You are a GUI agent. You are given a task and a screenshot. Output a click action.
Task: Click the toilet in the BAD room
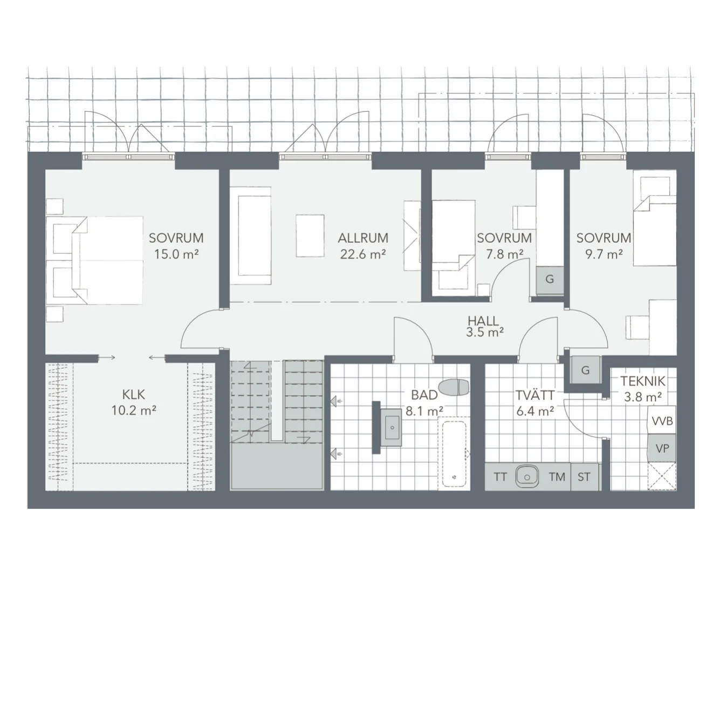pos(454,387)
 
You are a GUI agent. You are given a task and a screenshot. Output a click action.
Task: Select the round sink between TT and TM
pos(527,477)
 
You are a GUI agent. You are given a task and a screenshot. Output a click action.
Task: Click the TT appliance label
pos(500,477)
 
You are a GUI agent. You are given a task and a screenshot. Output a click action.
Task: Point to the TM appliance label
pos(557,477)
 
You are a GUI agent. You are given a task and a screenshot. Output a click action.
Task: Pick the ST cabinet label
pos(584,477)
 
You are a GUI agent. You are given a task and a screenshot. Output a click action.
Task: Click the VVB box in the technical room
pos(662,421)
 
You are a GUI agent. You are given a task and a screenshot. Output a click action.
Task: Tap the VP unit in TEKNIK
pos(662,448)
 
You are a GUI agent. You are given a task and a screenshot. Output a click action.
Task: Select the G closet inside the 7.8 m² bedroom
pos(550,280)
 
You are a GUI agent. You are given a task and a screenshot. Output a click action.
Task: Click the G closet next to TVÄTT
pos(586,370)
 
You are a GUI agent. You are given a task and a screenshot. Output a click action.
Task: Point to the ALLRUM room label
pos(363,238)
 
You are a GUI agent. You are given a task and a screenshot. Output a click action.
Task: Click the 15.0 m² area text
pos(176,254)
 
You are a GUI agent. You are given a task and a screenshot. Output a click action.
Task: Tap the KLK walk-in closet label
pos(133,395)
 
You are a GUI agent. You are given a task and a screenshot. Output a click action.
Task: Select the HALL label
pos(483,321)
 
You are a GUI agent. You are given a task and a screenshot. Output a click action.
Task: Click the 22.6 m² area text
pos(363,254)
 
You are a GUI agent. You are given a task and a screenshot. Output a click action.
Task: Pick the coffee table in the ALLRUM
pos(310,235)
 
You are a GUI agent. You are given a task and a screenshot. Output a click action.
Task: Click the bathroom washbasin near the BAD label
pos(392,427)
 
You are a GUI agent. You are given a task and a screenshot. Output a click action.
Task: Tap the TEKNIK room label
pos(643,381)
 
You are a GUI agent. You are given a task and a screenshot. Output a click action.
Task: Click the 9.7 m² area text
pos(604,254)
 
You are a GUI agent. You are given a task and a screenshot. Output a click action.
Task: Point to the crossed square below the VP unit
pos(662,476)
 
